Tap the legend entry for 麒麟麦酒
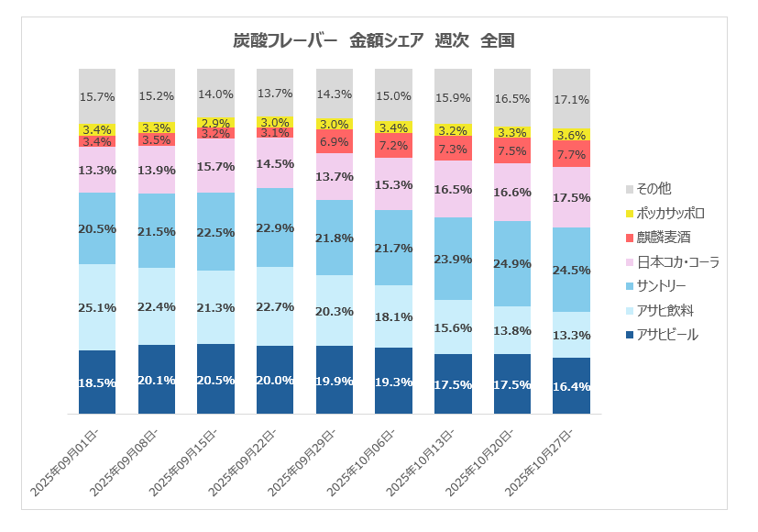click(x=664, y=238)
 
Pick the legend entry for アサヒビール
click(x=666, y=335)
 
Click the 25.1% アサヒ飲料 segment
click(x=97, y=307)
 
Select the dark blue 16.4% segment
click(x=572, y=385)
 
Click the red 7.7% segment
click(x=572, y=154)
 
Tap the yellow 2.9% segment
click(x=215, y=122)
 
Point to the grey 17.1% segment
click(x=572, y=98)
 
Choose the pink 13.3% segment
click(x=97, y=170)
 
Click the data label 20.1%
click(x=157, y=381)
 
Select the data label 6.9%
click(x=335, y=142)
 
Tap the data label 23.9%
click(x=453, y=259)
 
